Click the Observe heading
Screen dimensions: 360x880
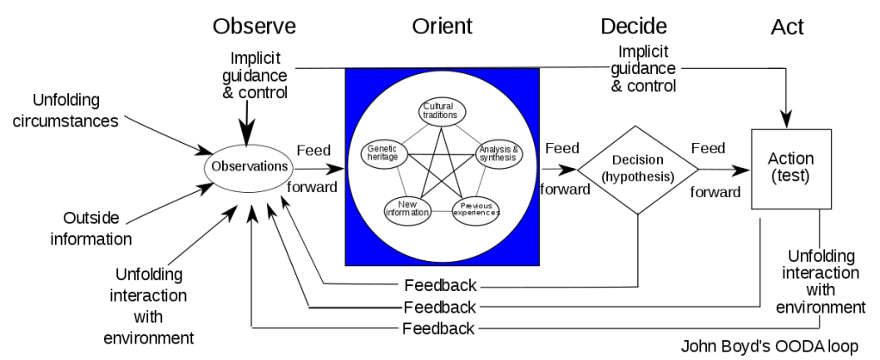pos(254,27)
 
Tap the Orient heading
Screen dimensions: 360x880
pos(442,27)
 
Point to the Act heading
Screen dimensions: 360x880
pos(787,28)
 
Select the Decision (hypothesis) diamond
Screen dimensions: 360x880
pos(638,169)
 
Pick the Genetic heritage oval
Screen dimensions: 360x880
pos(381,153)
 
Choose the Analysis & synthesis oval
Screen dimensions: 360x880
pos(499,153)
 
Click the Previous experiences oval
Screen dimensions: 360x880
pos(475,209)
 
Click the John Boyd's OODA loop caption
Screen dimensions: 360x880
pos(769,348)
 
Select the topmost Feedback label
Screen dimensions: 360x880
pos(439,286)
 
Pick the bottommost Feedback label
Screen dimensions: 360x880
pos(439,328)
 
